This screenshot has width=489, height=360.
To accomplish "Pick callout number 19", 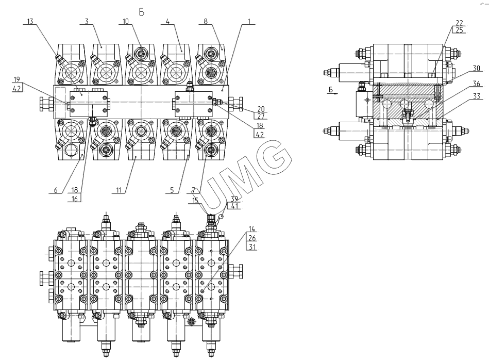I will click(x=16, y=79).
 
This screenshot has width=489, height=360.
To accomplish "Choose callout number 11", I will click(x=120, y=190).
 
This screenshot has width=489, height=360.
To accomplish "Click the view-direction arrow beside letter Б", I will click(x=333, y=94).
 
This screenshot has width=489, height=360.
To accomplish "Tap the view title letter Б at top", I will click(x=142, y=10).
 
